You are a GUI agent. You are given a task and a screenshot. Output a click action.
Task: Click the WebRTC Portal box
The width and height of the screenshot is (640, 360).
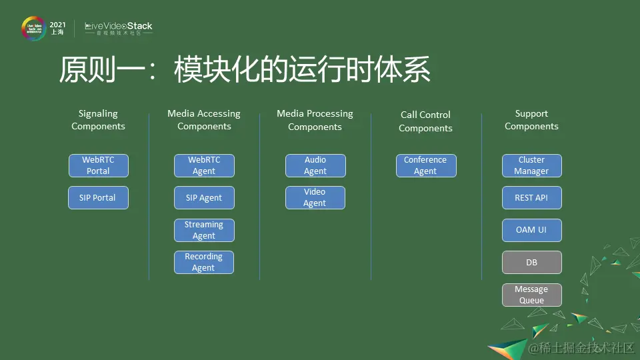pyautogui.click(x=99, y=165)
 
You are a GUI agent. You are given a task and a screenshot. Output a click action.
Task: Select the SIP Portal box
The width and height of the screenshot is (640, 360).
pyautogui.click(x=99, y=198)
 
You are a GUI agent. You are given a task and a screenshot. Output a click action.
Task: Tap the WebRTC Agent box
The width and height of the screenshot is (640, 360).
pyautogui.click(x=204, y=165)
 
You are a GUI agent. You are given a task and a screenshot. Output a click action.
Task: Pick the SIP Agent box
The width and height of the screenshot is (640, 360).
pyautogui.click(x=204, y=198)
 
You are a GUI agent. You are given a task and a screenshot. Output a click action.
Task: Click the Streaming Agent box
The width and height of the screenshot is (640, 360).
pyautogui.click(x=204, y=230)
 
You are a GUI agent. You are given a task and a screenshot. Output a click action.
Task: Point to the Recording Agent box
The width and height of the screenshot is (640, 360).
pyautogui.click(x=204, y=262)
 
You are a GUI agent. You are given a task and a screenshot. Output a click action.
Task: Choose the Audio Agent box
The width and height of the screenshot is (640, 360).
pyautogui.click(x=315, y=165)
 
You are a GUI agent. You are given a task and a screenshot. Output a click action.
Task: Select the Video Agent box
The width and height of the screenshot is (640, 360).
pyautogui.click(x=315, y=198)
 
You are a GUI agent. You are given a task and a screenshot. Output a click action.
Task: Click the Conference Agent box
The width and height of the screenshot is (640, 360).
pyautogui.click(x=426, y=165)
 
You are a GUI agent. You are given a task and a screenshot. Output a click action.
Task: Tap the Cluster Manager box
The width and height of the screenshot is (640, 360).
pyautogui.click(x=531, y=165)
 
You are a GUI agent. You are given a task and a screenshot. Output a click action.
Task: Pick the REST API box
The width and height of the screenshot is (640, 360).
pyautogui.click(x=531, y=198)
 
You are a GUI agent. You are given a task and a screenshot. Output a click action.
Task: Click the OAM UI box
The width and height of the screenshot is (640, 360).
pyautogui.click(x=531, y=230)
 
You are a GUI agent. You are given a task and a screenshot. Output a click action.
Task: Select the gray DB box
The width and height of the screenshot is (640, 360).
pyautogui.click(x=531, y=263)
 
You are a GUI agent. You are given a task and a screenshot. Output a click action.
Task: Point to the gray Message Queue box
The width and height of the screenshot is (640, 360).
pyautogui.click(x=531, y=295)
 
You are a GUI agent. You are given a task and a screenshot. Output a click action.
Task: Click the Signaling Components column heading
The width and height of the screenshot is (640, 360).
pyautogui.click(x=98, y=120)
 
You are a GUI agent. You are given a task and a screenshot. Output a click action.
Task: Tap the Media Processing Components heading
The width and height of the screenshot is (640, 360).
pyautogui.click(x=315, y=120)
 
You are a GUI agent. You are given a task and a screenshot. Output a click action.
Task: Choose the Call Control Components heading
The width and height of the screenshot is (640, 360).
pyautogui.click(x=425, y=121)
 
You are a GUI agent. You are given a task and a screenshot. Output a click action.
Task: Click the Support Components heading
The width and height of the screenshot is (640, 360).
pyautogui.click(x=531, y=120)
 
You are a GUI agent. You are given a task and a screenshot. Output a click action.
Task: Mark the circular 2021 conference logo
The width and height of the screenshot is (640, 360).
pyautogui.click(x=33, y=29)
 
